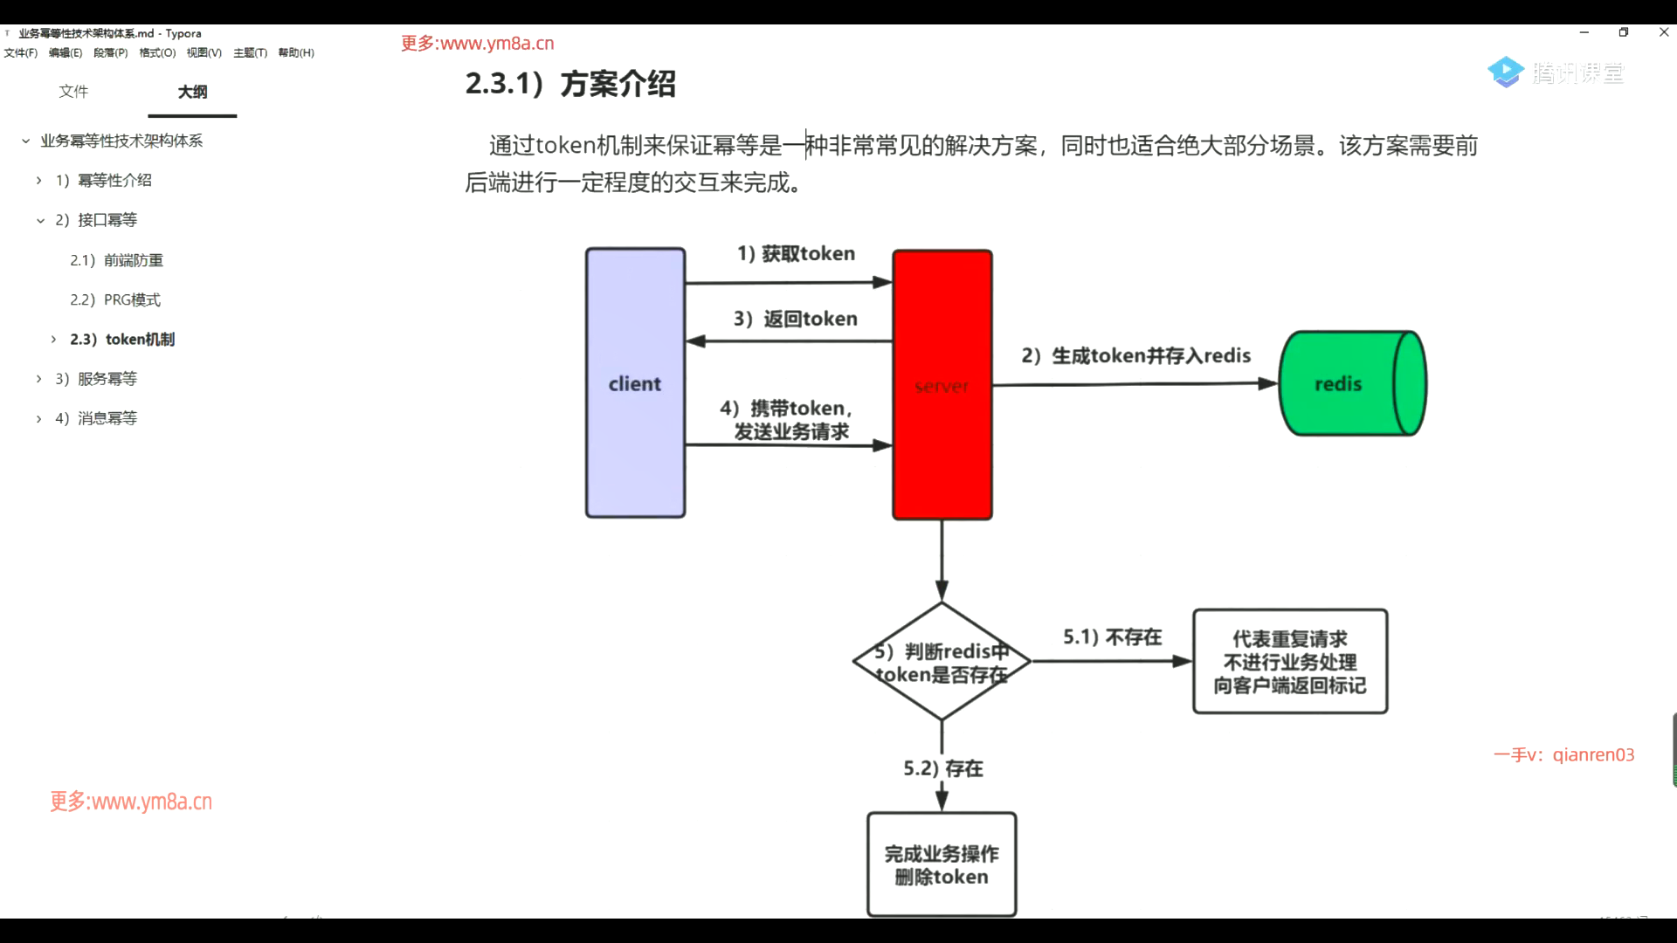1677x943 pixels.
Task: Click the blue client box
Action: [x=635, y=383]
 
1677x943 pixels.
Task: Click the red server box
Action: [x=942, y=385]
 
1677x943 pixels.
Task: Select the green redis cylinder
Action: [x=1351, y=383]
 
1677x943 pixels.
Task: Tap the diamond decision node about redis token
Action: [x=942, y=662]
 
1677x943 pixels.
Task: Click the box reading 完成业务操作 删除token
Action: [x=942, y=864]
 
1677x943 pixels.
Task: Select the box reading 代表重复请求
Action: [x=1290, y=662]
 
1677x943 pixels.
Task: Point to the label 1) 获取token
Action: [x=796, y=253]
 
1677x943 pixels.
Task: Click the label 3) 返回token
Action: [x=795, y=319]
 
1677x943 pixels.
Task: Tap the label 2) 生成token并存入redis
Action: [x=1135, y=355]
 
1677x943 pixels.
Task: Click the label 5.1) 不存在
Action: [x=1112, y=637]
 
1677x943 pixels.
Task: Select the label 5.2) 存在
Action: [x=942, y=768]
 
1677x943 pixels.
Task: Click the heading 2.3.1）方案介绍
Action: [x=570, y=84]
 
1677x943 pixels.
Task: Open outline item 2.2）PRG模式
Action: [x=115, y=299]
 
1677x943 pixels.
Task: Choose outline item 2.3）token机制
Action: [x=122, y=339]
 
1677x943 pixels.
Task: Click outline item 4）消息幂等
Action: [x=96, y=418]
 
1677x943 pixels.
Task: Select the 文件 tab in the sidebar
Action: [x=73, y=91]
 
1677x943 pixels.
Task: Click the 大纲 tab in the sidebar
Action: [x=192, y=92]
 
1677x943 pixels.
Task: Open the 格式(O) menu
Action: [x=157, y=52]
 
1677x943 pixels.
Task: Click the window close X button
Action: [x=1663, y=32]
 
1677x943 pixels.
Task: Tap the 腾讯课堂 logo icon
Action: [x=1506, y=72]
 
